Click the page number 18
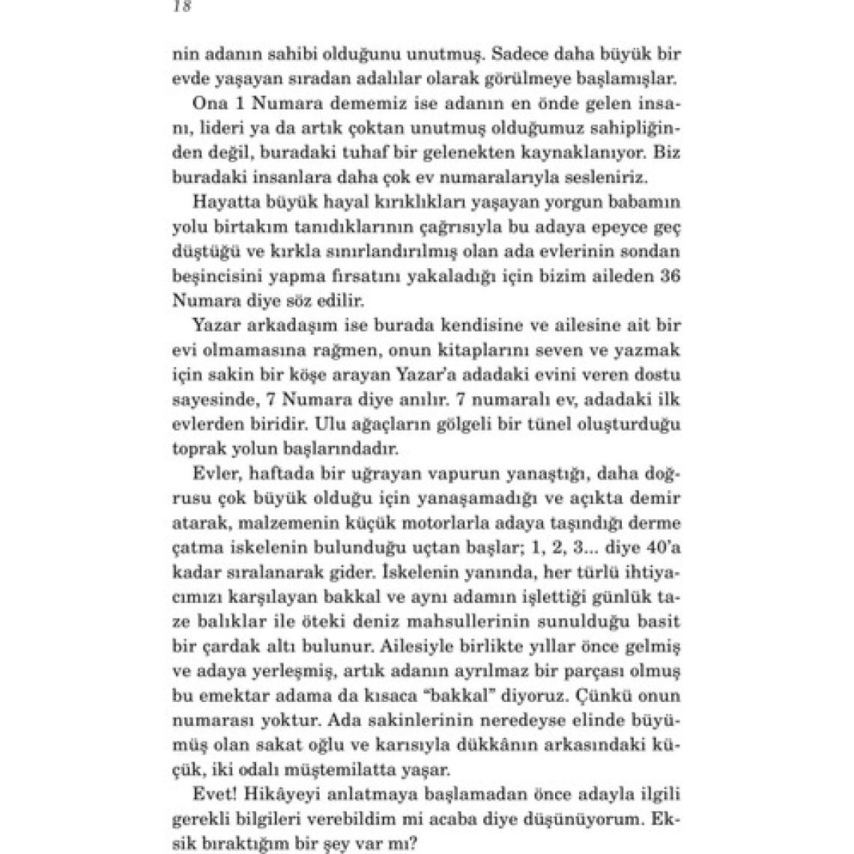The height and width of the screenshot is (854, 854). click(182, 7)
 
